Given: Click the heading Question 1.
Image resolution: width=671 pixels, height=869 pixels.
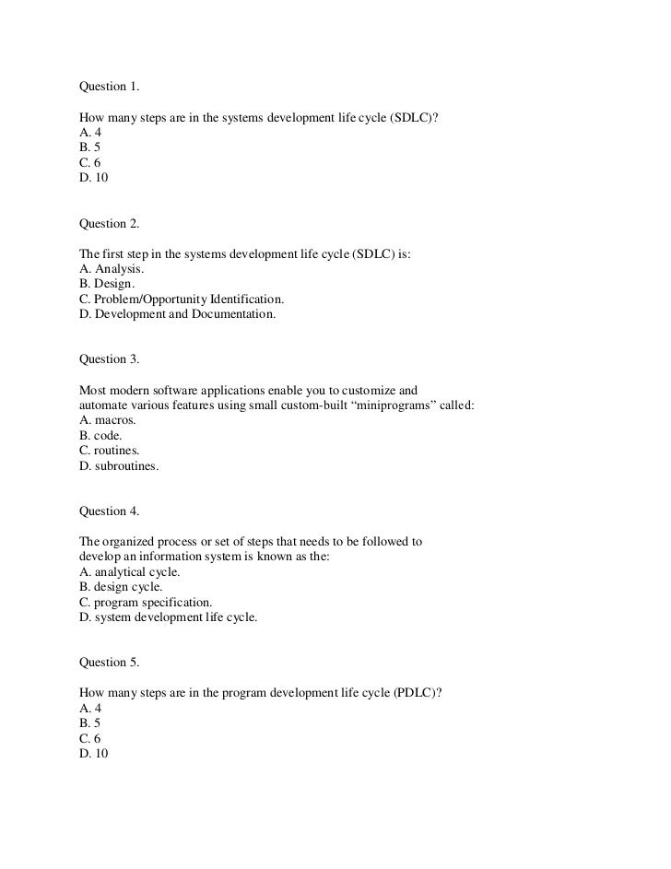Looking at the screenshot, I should [x=109, y=87].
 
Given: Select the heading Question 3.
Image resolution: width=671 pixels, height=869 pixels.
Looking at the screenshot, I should [x=109, y=359].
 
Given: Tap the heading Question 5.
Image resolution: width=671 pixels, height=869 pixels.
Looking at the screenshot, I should [x=109, y=662].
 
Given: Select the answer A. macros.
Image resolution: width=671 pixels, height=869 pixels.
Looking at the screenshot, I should [x=108, y=420].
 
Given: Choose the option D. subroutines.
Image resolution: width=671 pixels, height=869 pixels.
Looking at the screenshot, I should [x=119, y=466].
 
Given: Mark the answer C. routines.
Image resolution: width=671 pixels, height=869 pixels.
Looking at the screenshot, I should [x=110, y=451].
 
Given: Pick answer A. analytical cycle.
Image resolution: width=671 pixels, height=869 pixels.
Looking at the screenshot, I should [x=130, y=571].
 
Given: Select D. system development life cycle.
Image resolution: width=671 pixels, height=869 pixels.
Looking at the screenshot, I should [x=169, y=617].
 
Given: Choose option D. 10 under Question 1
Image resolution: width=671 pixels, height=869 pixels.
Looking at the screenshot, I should [x=94, y=177].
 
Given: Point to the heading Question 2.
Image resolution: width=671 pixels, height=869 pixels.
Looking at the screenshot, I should [x=109, y=223].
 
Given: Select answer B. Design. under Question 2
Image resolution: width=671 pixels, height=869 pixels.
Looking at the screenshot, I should [x=107, y=285].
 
